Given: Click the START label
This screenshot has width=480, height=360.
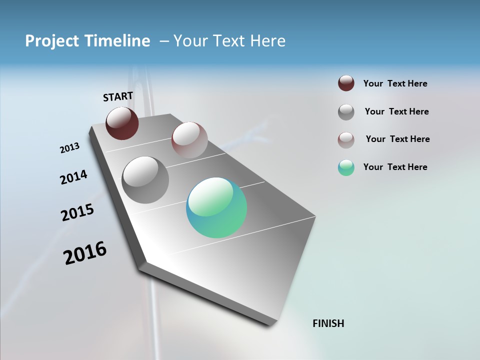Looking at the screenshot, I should [x=118, y=96].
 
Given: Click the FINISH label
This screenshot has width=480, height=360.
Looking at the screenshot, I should [x=328, y=323].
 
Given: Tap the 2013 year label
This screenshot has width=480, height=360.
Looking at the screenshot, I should [x=69, y=148].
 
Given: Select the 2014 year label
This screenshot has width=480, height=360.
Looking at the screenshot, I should [x=73, y=177].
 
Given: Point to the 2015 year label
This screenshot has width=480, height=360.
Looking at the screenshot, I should [x=77, y=212].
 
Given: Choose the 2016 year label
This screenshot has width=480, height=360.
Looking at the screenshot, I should [x=85, y=253].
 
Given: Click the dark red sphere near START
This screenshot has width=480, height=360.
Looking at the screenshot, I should [x=122, y=123].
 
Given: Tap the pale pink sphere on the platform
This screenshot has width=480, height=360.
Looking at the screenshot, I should [x=189, y=140].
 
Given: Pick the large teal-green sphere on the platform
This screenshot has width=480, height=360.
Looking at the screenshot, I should [x=216, y=207].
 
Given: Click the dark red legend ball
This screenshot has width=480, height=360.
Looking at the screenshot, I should [x=346, y=83].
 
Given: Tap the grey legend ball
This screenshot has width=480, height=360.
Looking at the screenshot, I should [x=346, y=112].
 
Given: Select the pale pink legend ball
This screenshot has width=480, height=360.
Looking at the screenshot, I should [x=346, y=140].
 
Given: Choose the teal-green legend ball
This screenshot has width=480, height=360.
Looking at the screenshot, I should [x=346, y=167].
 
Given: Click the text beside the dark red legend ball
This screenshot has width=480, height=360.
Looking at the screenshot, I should [x=395, y=84].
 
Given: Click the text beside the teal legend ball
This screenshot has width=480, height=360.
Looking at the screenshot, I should [x=395, y=167].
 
